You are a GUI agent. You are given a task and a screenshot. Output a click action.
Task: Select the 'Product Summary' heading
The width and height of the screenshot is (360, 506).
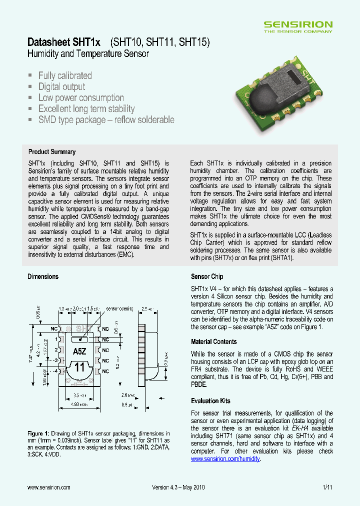pos(52,152)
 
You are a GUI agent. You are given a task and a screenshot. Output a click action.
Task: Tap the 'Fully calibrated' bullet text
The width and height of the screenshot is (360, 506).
pos(65,76)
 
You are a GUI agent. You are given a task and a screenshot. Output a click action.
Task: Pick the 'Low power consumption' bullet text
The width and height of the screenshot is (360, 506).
pos(81,98)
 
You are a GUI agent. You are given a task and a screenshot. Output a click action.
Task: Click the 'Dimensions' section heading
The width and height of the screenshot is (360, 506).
pos(43,276)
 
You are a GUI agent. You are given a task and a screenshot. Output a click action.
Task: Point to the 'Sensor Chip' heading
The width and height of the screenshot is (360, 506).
pos(207,276)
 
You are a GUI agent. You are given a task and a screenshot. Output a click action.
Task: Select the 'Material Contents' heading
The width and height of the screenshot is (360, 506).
pos(214,342)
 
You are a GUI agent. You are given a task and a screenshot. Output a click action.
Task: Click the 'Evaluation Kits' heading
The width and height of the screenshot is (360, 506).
pos(211,401)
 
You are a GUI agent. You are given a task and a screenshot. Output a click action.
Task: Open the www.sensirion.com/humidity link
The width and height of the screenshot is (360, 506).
pos(225,459)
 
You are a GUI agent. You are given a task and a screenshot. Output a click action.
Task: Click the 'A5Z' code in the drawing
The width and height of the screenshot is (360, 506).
pos(79,351)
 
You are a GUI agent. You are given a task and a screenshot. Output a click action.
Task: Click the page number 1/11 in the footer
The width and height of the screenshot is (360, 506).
pos(327,487)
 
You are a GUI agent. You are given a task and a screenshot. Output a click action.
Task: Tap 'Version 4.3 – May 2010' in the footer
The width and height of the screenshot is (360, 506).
pos(178,487)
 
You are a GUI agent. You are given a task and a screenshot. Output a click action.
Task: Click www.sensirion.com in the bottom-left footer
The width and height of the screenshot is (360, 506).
pos(48,487)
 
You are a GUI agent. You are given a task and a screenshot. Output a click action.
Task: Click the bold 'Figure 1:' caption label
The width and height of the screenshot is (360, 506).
pos(38,433)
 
